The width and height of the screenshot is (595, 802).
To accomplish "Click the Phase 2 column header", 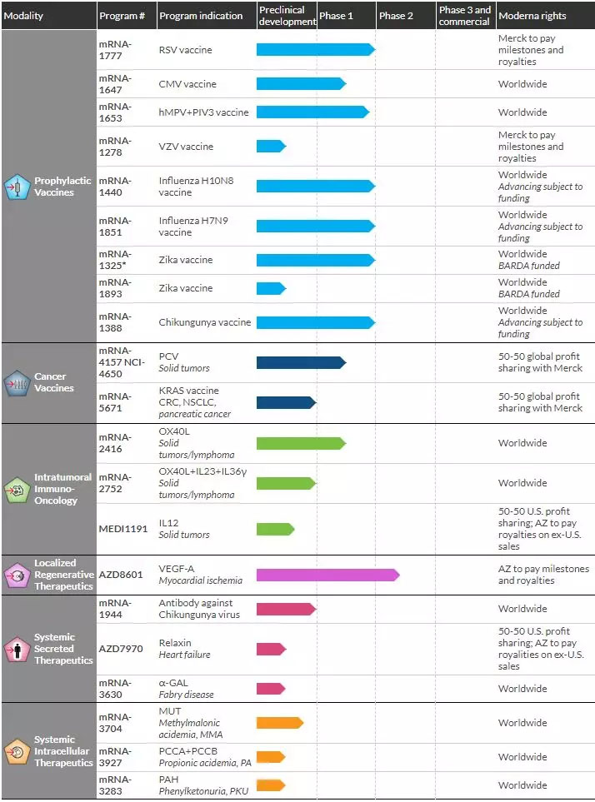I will [396, 16].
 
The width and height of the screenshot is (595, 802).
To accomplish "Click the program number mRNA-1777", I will [115, 50].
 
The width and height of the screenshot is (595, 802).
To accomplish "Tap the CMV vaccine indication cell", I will [187, 84].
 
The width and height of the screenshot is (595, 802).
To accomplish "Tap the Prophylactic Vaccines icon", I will [17, 187].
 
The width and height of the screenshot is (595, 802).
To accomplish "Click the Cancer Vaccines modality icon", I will [17, 383].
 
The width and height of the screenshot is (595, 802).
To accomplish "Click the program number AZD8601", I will [118, 575].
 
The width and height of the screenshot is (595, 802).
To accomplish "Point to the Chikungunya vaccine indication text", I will [205, 322].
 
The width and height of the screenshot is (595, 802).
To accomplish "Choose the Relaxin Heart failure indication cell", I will [185, 649].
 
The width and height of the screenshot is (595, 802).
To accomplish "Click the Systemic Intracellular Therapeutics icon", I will [17, 752].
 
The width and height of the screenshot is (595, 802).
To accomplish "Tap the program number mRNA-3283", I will [115, 785].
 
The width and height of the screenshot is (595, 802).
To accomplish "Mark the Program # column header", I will [122, 16].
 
